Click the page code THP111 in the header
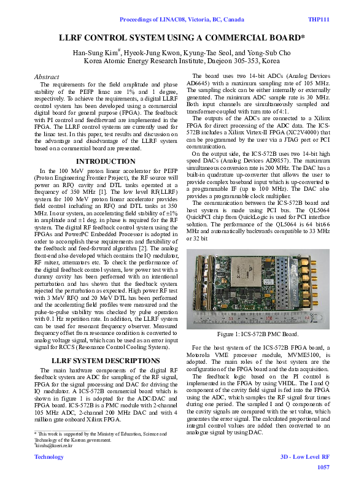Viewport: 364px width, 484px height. (318, 20)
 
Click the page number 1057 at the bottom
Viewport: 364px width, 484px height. (323, 467)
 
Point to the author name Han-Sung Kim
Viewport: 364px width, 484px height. (97, 53)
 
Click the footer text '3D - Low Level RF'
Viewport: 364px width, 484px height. (304, 457)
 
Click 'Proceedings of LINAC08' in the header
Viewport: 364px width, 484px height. (151, 20)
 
